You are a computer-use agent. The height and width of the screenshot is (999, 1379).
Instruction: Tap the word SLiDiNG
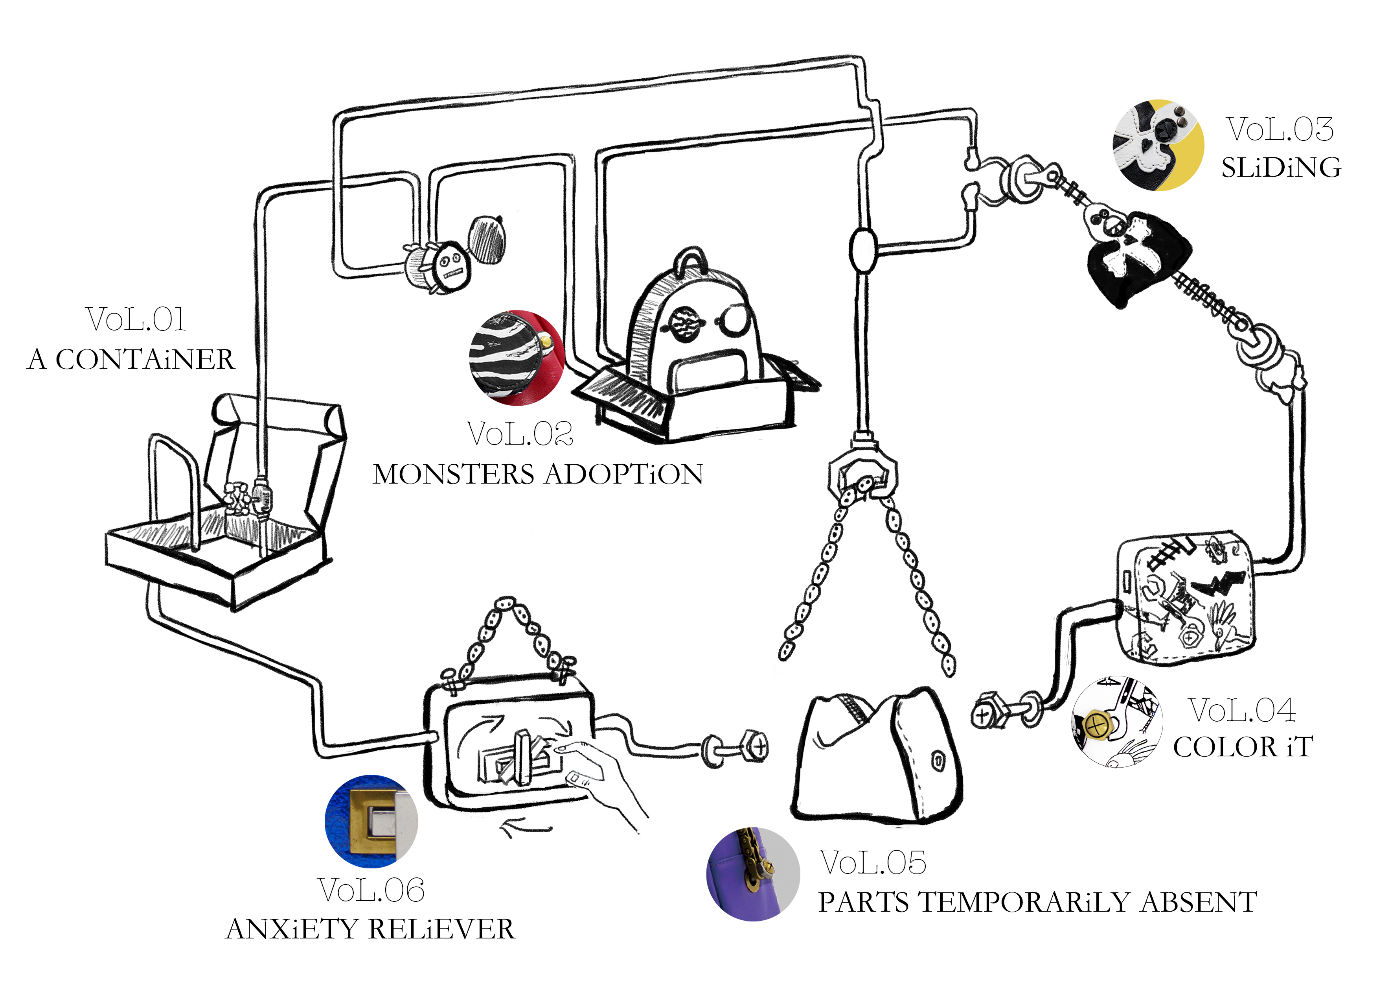1281,168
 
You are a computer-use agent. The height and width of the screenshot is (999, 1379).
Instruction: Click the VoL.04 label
1242,710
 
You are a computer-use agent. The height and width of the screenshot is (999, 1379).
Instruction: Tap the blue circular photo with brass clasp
371,821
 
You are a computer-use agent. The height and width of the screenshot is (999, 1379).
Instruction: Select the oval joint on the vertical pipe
862,251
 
